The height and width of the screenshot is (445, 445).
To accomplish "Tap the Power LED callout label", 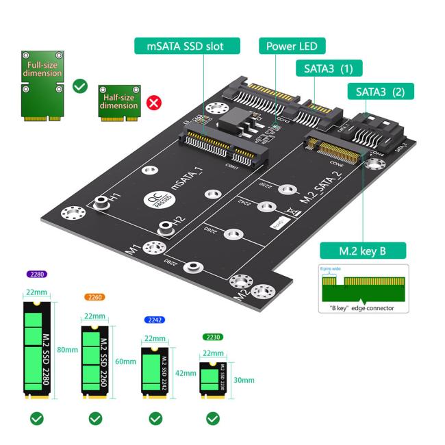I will [292, 47].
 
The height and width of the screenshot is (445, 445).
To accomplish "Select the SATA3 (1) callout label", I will [328, 68].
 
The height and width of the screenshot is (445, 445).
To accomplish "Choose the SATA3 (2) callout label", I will [381, 91].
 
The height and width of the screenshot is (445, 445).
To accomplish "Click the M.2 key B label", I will [363, 251].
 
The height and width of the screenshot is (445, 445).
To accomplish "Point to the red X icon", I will [155, 104].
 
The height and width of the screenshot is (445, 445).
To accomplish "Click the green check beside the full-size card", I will [80, 86].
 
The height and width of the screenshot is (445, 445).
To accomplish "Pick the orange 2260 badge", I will [94, 297].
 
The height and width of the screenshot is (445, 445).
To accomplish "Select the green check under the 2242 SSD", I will [155, 418].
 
